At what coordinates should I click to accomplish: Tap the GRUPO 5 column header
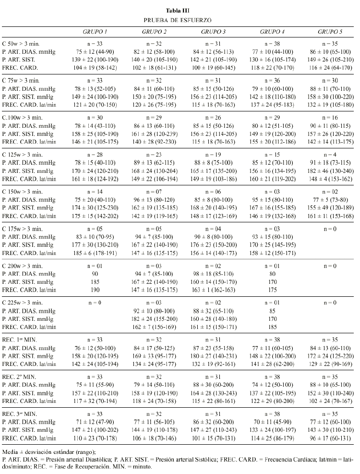coord(330,32)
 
